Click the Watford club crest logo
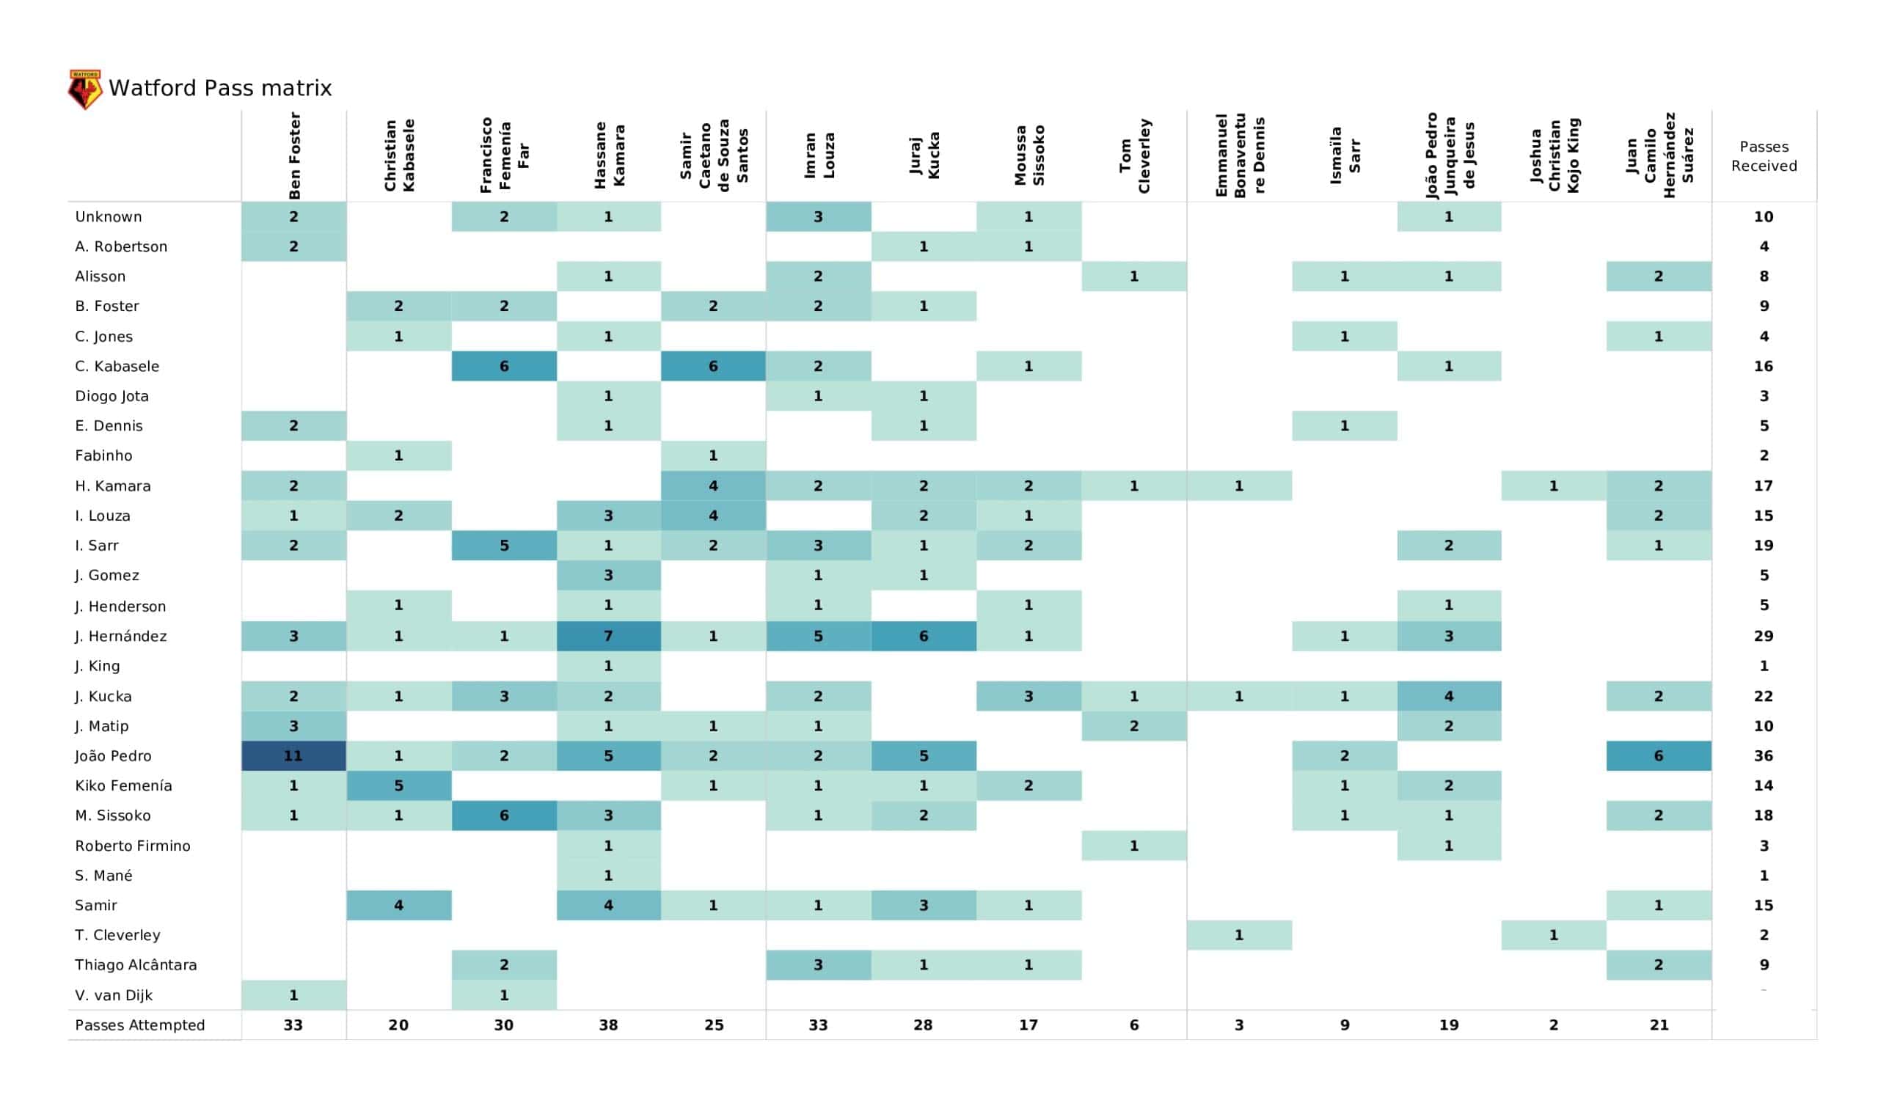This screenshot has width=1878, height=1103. (85, 89)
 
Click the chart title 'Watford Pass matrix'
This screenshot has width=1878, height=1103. (220, 89)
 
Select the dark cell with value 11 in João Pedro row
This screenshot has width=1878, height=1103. (293, 755)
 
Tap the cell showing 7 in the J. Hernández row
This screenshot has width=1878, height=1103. (608, 636)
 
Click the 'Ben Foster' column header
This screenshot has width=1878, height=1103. (294, 155)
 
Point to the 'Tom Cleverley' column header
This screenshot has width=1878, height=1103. (1134, 155)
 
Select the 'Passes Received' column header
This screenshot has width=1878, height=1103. (1764, 155)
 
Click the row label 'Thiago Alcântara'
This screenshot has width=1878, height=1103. (136, 964)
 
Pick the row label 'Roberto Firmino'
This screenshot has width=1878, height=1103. (133, 845)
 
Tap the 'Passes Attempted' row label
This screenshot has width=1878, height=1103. (139, 1025)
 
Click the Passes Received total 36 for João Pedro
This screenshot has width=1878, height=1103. (1764, 755)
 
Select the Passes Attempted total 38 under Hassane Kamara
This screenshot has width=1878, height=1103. (608, 1025)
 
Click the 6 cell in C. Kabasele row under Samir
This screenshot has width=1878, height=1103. (713, 366)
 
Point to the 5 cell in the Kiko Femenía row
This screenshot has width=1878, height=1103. (398, 785)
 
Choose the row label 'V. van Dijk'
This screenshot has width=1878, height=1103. (113, 995)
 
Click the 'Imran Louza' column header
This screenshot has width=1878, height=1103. (818, 155)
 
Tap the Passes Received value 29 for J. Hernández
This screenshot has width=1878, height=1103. (1764, 636)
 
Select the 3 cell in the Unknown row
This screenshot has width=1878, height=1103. (818, 217)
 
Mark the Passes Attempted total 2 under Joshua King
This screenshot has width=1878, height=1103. (1554, 1025)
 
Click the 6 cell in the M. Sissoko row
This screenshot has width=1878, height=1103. (504, 816)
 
